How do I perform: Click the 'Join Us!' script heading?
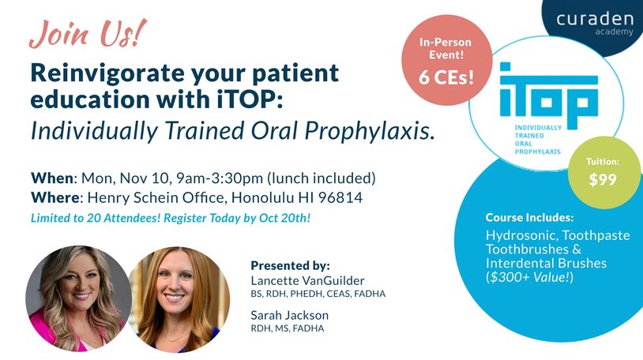point(88,34)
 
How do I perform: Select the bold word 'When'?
point(52,178)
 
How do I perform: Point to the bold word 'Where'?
point(55,197)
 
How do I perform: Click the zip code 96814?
point(340,197)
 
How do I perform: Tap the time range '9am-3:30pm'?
point(220,178)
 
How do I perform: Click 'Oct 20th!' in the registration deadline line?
point(284,218)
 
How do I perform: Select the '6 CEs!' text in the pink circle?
point(446,77)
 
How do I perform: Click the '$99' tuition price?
point(603,179)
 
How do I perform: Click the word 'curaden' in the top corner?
point(595,19)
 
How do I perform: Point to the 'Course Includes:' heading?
point(529,217)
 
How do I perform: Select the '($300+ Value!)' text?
point(529,277)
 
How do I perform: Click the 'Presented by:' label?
point(291,265)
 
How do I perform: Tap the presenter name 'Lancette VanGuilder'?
point(307,280)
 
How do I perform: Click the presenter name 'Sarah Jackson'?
point(290,315)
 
